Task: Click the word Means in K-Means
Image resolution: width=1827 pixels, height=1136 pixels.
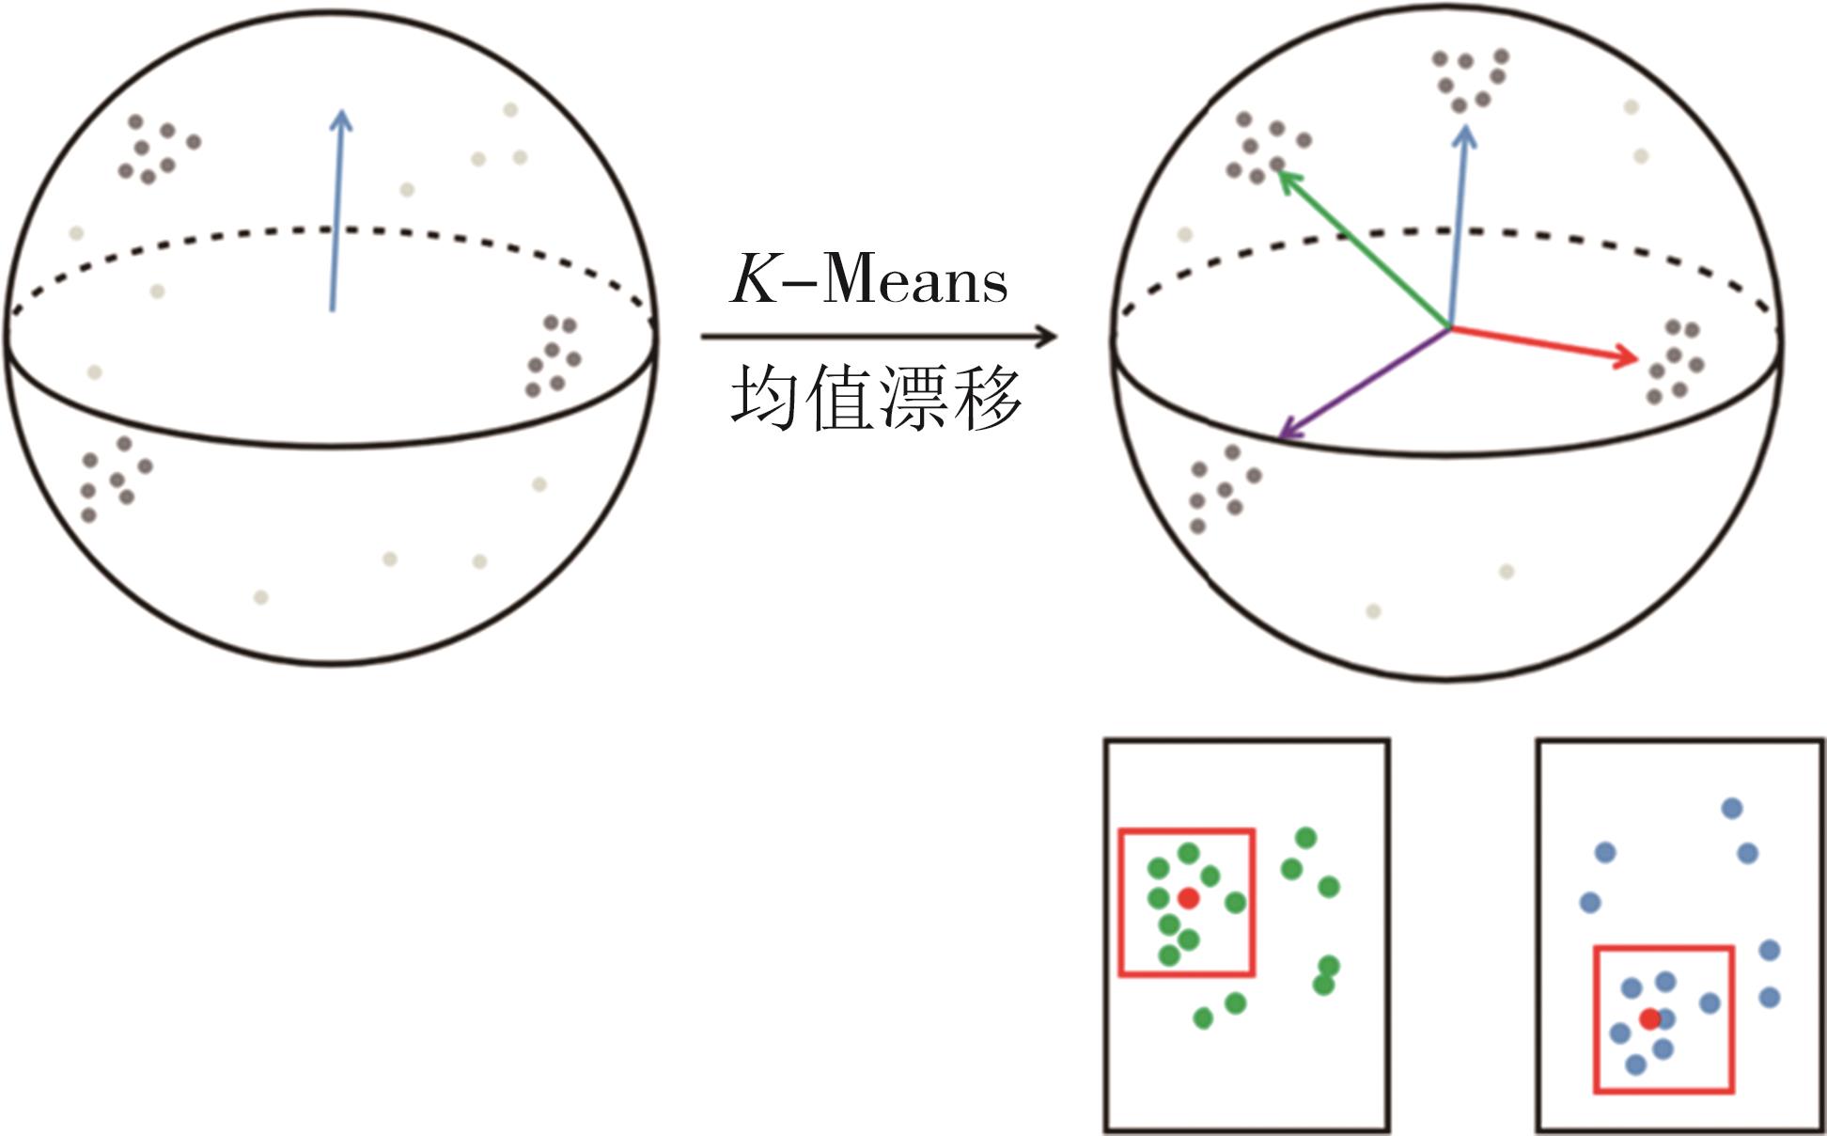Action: (x=914, y=279)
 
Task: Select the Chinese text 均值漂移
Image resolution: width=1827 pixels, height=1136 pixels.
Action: (x=876, y=399)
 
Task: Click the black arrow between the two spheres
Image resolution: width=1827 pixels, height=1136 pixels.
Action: (x=879, y=336)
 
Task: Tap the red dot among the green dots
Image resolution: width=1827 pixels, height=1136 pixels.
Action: (x=1188, y=898)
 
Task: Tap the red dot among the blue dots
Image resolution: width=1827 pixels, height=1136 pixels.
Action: (x=1649, y=1018)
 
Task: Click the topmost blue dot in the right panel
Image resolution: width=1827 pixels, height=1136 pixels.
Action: (x=1732, y=808)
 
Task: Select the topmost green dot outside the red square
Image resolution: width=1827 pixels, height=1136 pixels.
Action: (x=1305, y=837)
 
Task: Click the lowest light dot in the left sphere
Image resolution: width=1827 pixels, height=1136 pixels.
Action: (x=261, y=597)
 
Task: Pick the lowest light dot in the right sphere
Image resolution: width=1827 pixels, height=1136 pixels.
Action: (x=1373, y=611)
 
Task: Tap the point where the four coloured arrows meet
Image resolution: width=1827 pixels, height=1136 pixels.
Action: (x=1449, y=327)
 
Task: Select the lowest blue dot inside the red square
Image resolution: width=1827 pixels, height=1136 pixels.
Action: (x=1635, y=1065)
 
